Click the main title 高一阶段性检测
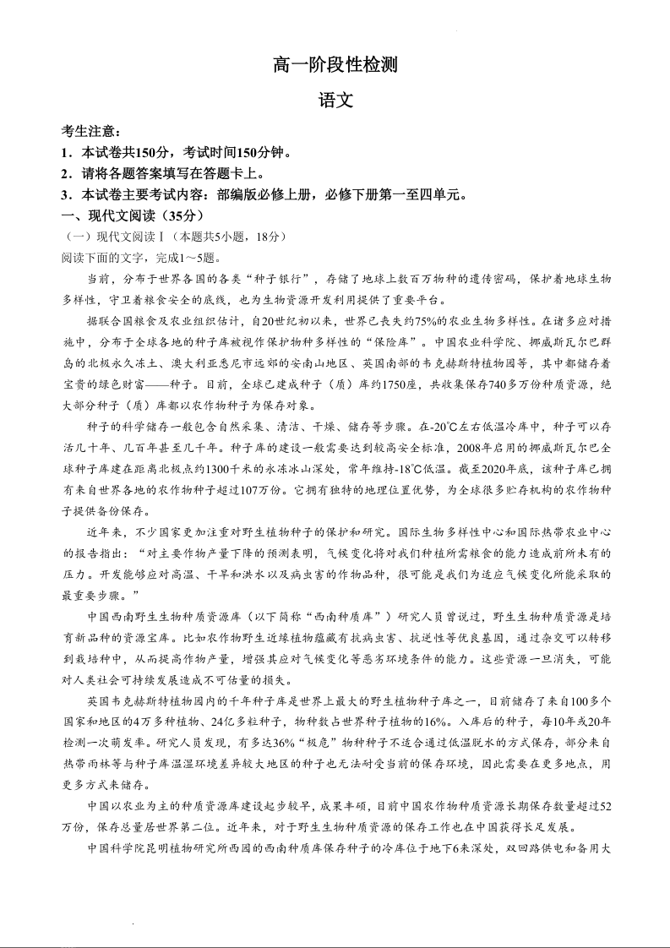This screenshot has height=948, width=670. (x=335, y=64)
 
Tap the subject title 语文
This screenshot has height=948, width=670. (x=335, y=100)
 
